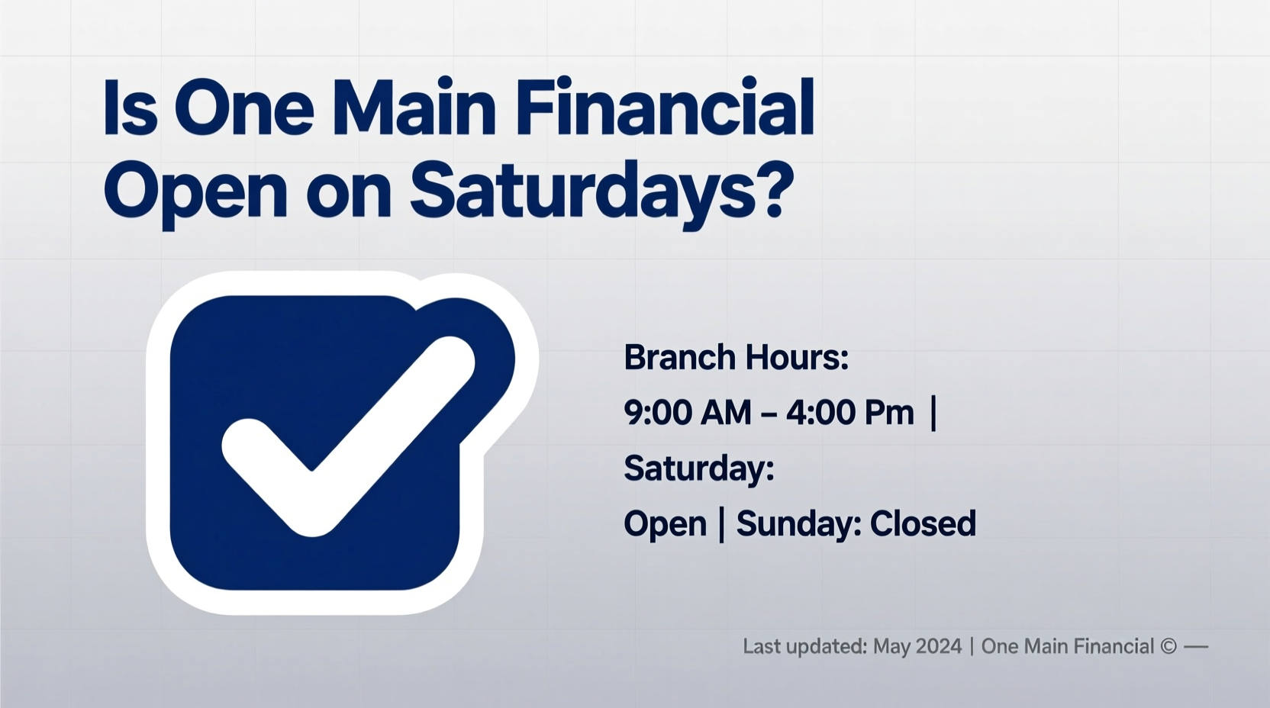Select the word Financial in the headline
point(664,108)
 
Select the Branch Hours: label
point(736,357)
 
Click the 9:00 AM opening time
point(687,413)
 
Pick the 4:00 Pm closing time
point(849,413)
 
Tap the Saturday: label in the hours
point(698,468)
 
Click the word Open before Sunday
point(665,524)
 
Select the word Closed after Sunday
point(922,523)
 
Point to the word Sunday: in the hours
point(798,523)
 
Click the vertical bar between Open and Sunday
point(722,525)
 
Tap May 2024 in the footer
point(917,647)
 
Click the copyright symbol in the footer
point(1168,647)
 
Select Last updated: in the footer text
point(804,647)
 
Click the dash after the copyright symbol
point(1196,647)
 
